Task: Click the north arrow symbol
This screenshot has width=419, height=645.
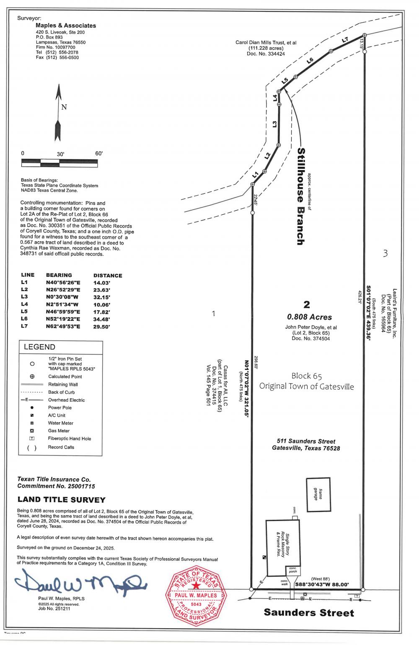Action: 58,113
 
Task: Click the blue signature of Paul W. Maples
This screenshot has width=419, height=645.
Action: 80,583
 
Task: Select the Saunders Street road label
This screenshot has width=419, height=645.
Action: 309,613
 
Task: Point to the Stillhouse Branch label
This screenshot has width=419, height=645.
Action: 300,196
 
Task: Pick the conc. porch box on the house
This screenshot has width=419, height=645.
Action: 292,570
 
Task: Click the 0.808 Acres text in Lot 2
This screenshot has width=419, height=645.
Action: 309,317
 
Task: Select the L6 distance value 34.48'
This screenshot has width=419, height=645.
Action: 101,319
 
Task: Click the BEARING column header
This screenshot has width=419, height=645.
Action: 59,275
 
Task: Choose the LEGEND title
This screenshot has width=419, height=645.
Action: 39,347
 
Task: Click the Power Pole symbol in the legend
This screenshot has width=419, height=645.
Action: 32,408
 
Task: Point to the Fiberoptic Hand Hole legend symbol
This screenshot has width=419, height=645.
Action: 32,439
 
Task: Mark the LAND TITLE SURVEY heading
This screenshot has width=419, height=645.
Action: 61,500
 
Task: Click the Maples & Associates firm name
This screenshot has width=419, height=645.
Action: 66,26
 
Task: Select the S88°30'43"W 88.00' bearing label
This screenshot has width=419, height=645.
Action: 322,584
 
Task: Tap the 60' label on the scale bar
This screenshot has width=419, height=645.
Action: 99,153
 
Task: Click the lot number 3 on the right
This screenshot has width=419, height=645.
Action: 385,253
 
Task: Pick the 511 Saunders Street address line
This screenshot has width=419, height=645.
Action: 306,441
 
